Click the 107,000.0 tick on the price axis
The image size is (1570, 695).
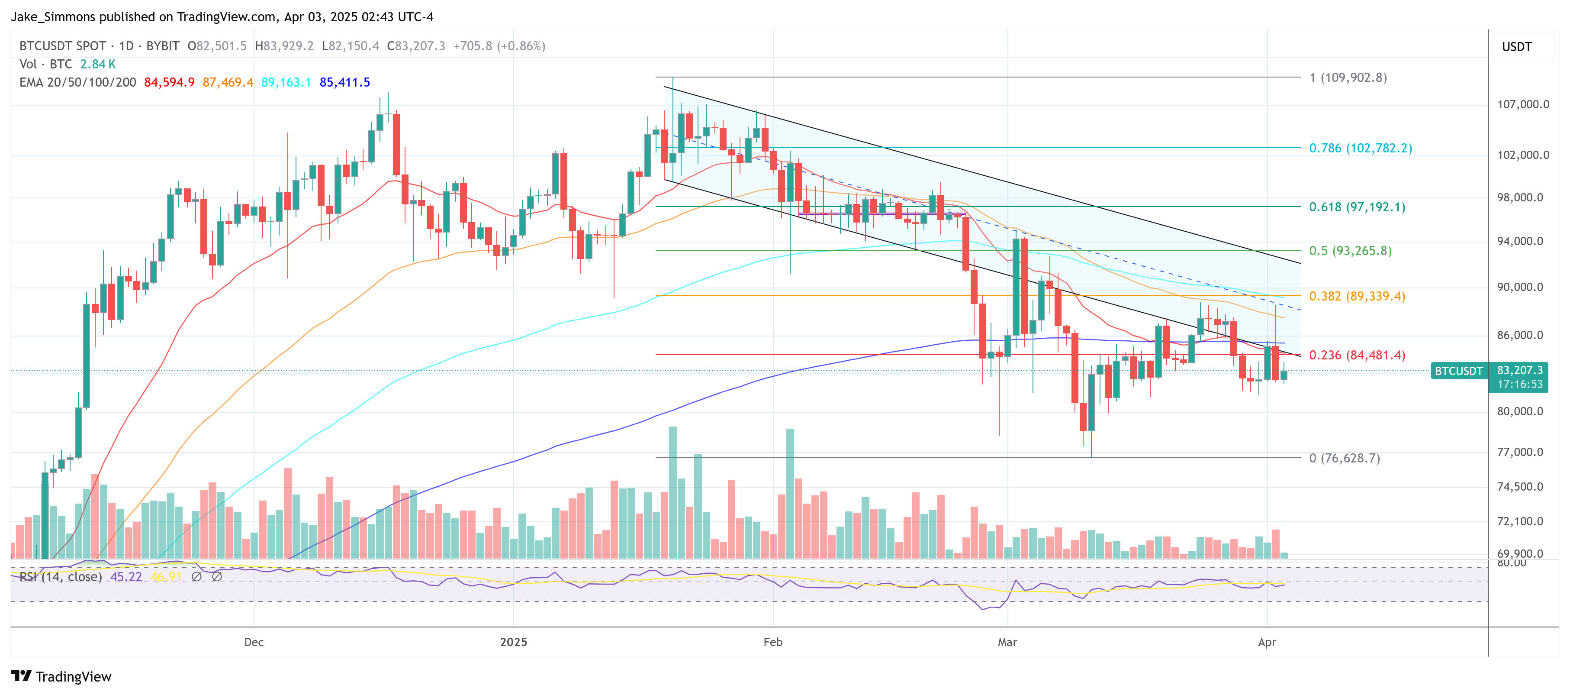coord(1522,104)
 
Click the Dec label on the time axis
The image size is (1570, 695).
coord(254,642)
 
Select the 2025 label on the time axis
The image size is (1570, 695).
coord(513,642)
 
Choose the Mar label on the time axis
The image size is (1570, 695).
coord(1007,642)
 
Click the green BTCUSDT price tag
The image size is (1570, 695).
coord(1458,371)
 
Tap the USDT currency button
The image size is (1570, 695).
coord(1516,47)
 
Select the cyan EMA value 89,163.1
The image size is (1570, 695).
coord(286,82)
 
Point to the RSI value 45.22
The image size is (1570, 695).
coord(125,577)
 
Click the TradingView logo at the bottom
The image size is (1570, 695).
coord(61,677)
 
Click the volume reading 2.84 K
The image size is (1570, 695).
coord(97,64)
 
